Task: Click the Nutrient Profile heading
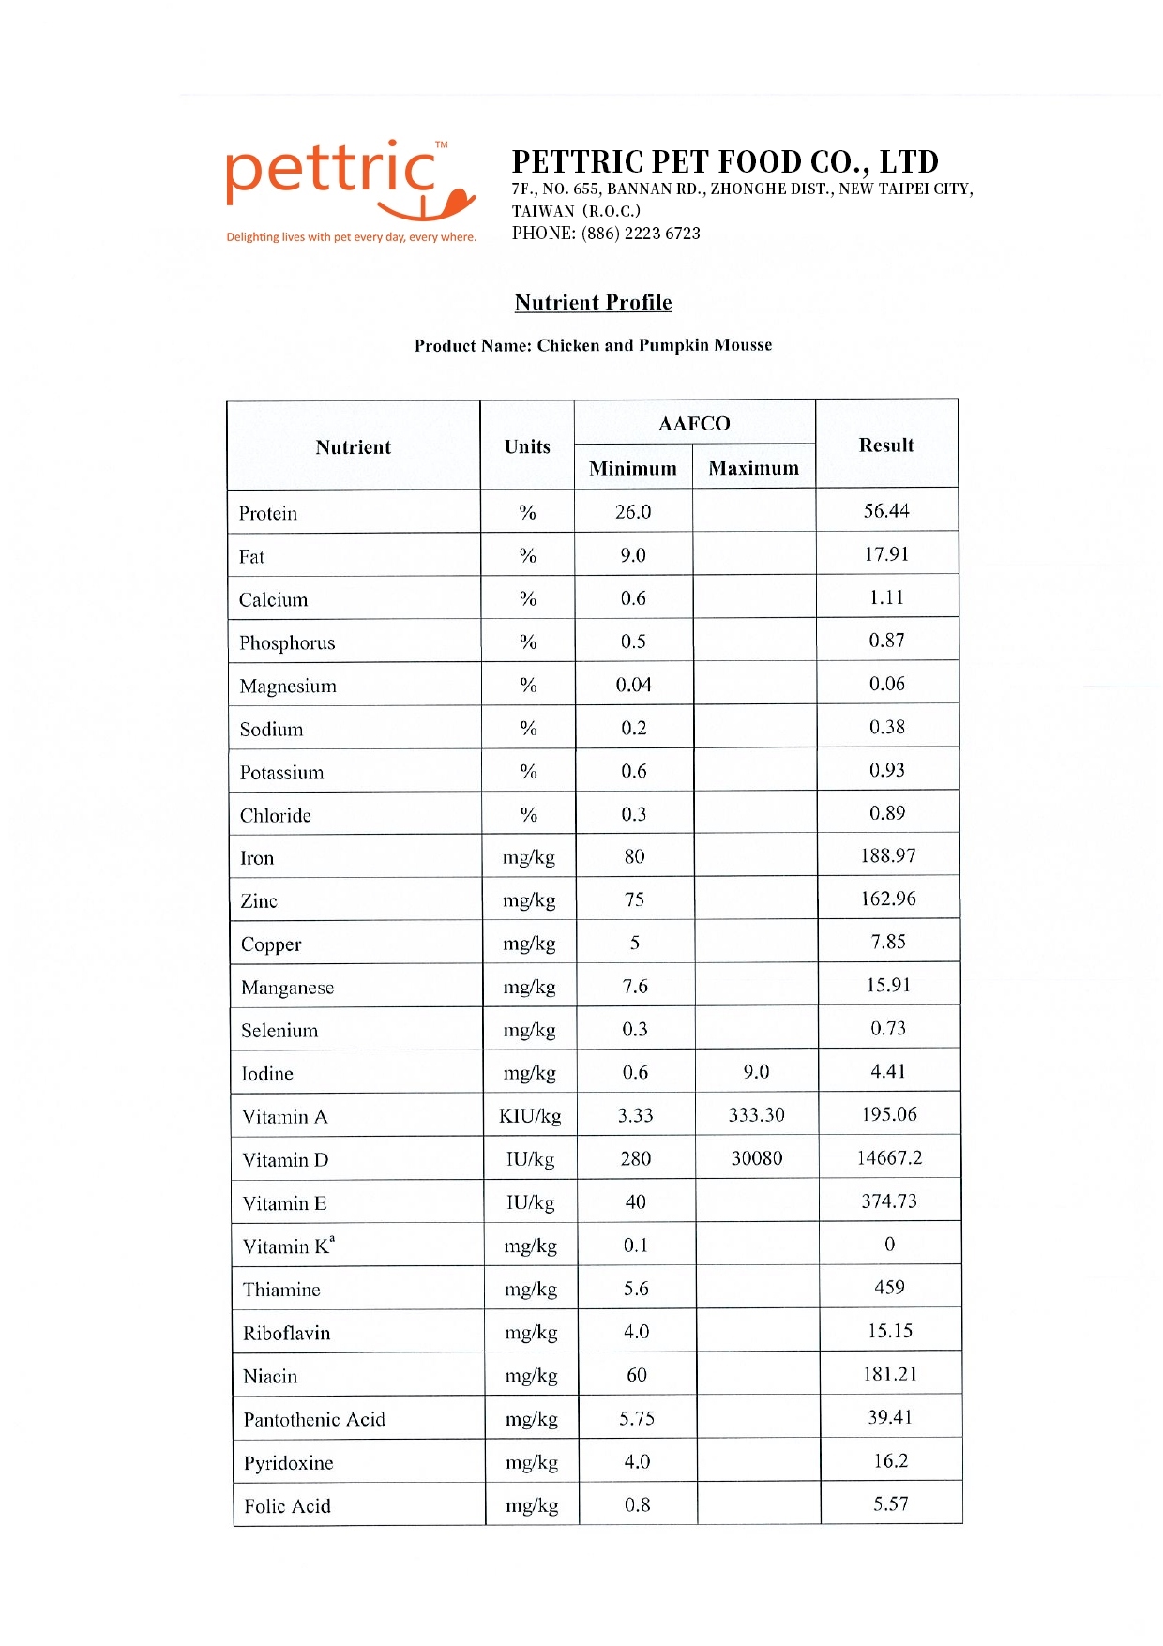(593, 302)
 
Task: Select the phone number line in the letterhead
(606, 234)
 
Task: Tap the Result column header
(886, 445)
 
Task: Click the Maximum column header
(754, 468)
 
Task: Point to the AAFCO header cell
(694, 424)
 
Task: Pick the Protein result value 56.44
(886, 511)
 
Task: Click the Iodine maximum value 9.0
(756, 1072)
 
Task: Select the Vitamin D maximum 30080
(757, 1158)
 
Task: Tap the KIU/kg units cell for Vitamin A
(530, 1116)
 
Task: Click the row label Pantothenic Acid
(314, 1419)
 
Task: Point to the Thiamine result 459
(889, 1287)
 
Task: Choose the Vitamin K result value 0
(889, 1244)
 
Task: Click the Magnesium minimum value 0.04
(633, 685)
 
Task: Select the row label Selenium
(279, 1031)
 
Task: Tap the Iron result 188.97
(888, 855)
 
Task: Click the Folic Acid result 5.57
(890, 1503)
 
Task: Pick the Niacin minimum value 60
(636, 1375)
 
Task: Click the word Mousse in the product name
(743, 345)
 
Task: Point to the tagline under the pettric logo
(351, 237)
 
